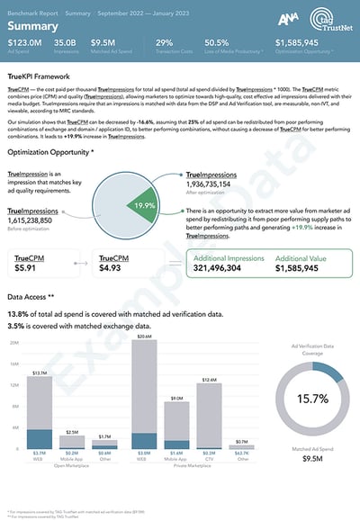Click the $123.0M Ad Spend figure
click(24, 42)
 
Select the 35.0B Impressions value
click(66, 42)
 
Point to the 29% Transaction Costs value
click(164, 42)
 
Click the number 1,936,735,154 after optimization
click(220, 183)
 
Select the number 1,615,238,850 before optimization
click(41, 220)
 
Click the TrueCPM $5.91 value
click(27, 267)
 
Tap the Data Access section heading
click(31, 296)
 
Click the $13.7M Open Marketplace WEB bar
click(39, 409)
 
